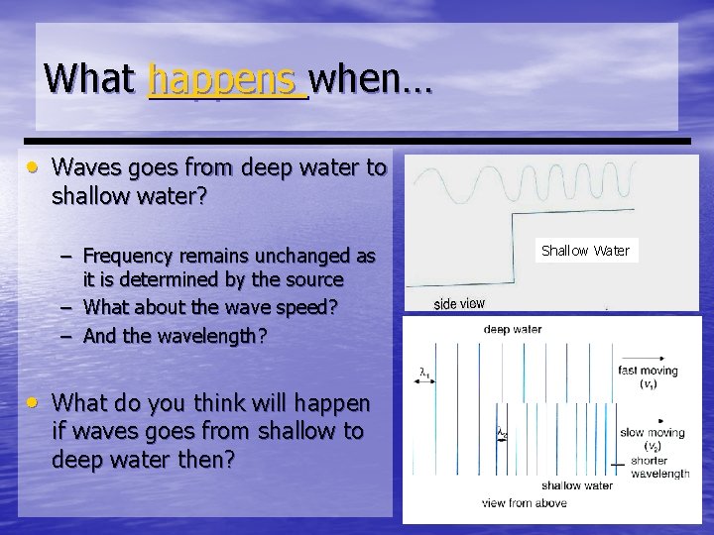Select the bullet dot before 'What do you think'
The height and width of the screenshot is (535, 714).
[34, 401]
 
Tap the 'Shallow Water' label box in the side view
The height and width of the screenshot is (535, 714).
[585, 251]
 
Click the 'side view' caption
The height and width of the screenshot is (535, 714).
[459, 303]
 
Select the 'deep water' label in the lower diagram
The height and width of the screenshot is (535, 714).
[513, 329]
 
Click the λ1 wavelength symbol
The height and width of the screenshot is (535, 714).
[424, 374]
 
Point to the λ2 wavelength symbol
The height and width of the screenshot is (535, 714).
[502, 432]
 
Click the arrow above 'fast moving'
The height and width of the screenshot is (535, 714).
[646, 357]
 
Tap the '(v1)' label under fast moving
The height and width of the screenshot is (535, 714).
[647, 384]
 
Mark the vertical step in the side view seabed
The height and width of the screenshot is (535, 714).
[511, 236]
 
